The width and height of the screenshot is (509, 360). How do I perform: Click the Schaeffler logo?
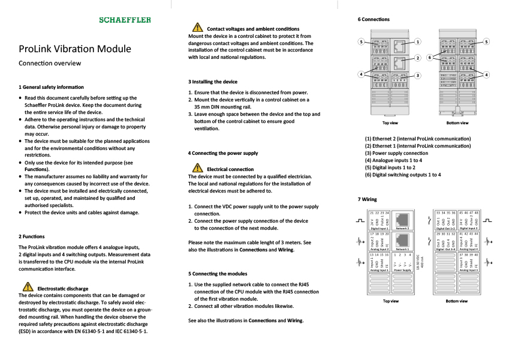(x=125, y=20)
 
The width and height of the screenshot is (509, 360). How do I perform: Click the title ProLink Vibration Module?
(x=75, y=49)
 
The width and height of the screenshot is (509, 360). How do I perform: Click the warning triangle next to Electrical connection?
(x=196, y=169)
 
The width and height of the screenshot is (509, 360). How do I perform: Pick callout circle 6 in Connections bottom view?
(x=429, y=58)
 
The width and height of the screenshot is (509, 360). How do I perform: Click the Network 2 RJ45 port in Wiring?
(x=402, y=219)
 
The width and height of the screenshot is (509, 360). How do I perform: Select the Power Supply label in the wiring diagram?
(x=402, y=270)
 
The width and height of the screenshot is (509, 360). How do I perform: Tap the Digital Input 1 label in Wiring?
(x=379, y=228)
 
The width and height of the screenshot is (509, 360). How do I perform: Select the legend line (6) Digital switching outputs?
(x=403, y=175)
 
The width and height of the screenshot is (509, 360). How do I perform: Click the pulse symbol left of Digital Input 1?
(x=360, y=221)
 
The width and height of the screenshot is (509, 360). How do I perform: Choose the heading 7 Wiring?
(x=367, y=199)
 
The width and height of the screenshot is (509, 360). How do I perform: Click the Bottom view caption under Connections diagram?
(x=457, y=123)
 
